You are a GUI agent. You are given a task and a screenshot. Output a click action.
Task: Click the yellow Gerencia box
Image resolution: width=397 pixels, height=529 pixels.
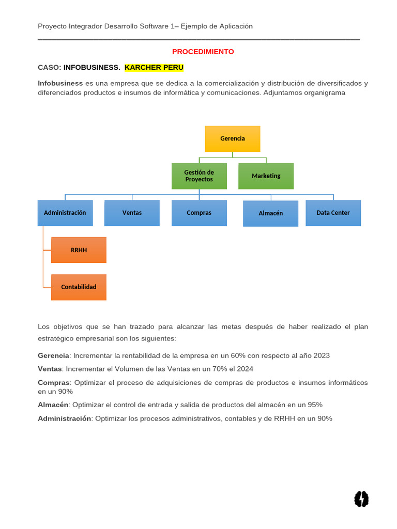pyautogui.click(x=233, y=138)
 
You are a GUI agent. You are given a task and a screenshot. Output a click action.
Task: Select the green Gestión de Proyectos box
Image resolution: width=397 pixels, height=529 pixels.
pyautogui.click(x=199, y=176)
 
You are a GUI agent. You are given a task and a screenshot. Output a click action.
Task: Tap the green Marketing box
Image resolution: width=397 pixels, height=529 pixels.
pyautogui.click(x=266, y=176)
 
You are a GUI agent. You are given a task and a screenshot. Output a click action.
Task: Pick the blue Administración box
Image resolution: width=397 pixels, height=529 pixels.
pyautogui.click(x=65, y=213)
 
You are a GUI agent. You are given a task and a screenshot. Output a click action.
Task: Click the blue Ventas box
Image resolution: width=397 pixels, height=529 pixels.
pyautogui.click(x=132, y=213)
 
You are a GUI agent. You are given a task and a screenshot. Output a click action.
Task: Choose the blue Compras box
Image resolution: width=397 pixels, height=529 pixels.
pyautogui.click(x=199, y=213)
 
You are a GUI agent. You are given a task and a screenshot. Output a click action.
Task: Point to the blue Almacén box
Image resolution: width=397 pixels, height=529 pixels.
pyautogui.click(x=270, y=213)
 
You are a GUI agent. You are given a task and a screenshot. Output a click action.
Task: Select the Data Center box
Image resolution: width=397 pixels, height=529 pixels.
pyautogui.click(x=333, y=213)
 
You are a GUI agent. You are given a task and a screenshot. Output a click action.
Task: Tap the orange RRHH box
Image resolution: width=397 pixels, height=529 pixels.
pyautogui.click(x=79, y=250)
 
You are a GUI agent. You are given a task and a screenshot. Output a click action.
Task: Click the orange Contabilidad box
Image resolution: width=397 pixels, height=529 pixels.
pyautogui.click(x=79, y=287)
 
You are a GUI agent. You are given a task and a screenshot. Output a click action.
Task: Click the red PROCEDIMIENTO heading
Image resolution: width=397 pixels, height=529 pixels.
pyautogui.click(x=203, y=52)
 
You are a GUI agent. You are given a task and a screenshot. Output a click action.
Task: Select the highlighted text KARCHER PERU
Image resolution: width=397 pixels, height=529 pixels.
pyautogui.click(x=154, y=68)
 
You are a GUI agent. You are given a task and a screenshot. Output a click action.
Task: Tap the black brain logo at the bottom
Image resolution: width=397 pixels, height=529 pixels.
pyautogui.click(x=361, y=499)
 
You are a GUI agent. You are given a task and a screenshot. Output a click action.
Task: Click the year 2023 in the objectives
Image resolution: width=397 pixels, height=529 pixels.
pyautogui.click(x=321, y=355)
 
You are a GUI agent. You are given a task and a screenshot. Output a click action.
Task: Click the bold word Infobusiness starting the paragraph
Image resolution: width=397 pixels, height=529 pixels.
pyautogui.click(x=60, y=83)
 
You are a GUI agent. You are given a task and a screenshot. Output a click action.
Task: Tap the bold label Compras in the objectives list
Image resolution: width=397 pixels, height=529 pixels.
pyautogui.click(x=53, y=383)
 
